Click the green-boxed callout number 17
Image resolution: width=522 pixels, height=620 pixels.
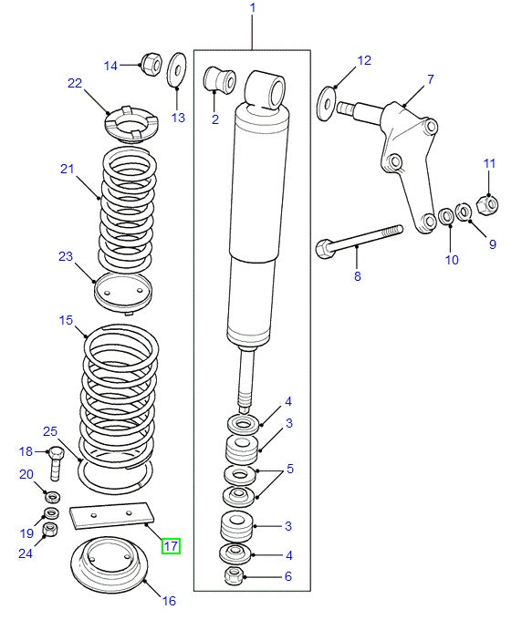coord(171,546)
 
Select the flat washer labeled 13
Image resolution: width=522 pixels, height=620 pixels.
coord(176,72)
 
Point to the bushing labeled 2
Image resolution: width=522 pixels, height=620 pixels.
coord(220,80)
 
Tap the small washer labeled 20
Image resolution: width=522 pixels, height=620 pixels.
coord(52,497)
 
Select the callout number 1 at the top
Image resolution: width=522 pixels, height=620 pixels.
coord(252,8)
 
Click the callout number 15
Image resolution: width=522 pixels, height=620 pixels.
coord(65,320)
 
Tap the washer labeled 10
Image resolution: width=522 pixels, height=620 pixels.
coord(446,217)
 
